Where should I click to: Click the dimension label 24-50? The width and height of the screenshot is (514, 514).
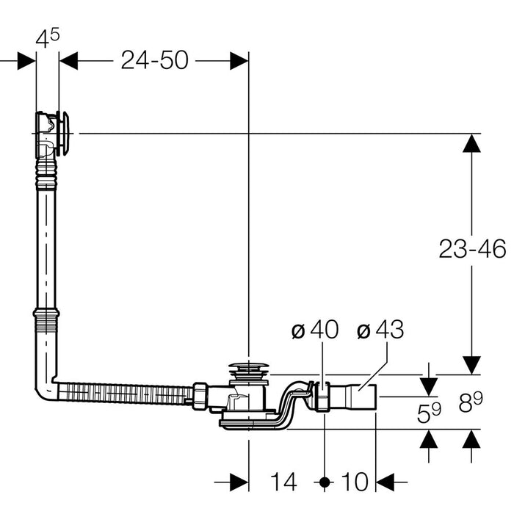tap(154, 60)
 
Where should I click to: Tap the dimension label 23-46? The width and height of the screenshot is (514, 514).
tap(472, 250)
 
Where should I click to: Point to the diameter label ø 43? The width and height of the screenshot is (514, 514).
tap(380, 331)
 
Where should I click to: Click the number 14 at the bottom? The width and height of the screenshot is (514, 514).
tap(283, 482)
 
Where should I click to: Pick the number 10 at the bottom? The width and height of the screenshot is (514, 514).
tap(354, 482)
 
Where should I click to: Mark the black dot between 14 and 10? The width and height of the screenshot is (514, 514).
tap(325, 482)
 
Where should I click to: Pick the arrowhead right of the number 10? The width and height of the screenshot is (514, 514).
tap(385, 482)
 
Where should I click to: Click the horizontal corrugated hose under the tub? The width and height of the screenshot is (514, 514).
tap(125, 390)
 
